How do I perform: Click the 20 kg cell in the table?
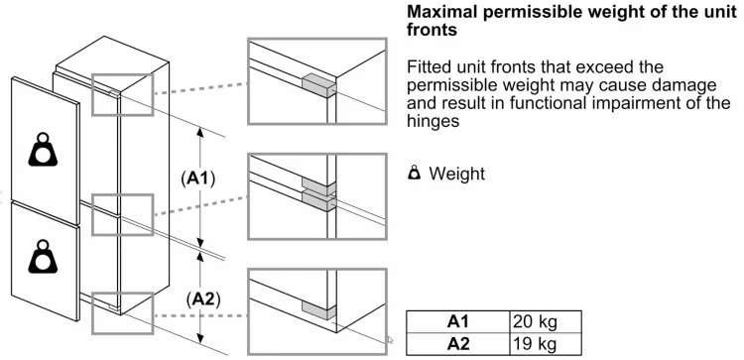tap(546, 321)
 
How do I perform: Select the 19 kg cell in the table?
tap(546, 344)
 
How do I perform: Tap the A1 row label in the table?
tap(458, 321)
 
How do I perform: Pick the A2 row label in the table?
tap(458, 344)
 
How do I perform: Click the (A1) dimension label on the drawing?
tap(197, 179)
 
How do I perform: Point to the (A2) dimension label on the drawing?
tap(203, 300)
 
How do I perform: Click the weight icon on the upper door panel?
tap(43, 150)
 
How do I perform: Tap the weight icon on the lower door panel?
tap(43, 257)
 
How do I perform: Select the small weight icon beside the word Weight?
tap(415, 174)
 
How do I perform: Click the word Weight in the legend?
tap(457, 175)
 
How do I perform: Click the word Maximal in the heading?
tap(442, 12)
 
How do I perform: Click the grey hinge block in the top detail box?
tap(318, 85)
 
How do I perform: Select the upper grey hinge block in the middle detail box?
tap(318, 185)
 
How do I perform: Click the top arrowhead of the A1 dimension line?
tap(200, 132)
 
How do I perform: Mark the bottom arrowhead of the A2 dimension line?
tap(200, 338)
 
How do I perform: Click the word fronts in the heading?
tap(432, 30)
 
